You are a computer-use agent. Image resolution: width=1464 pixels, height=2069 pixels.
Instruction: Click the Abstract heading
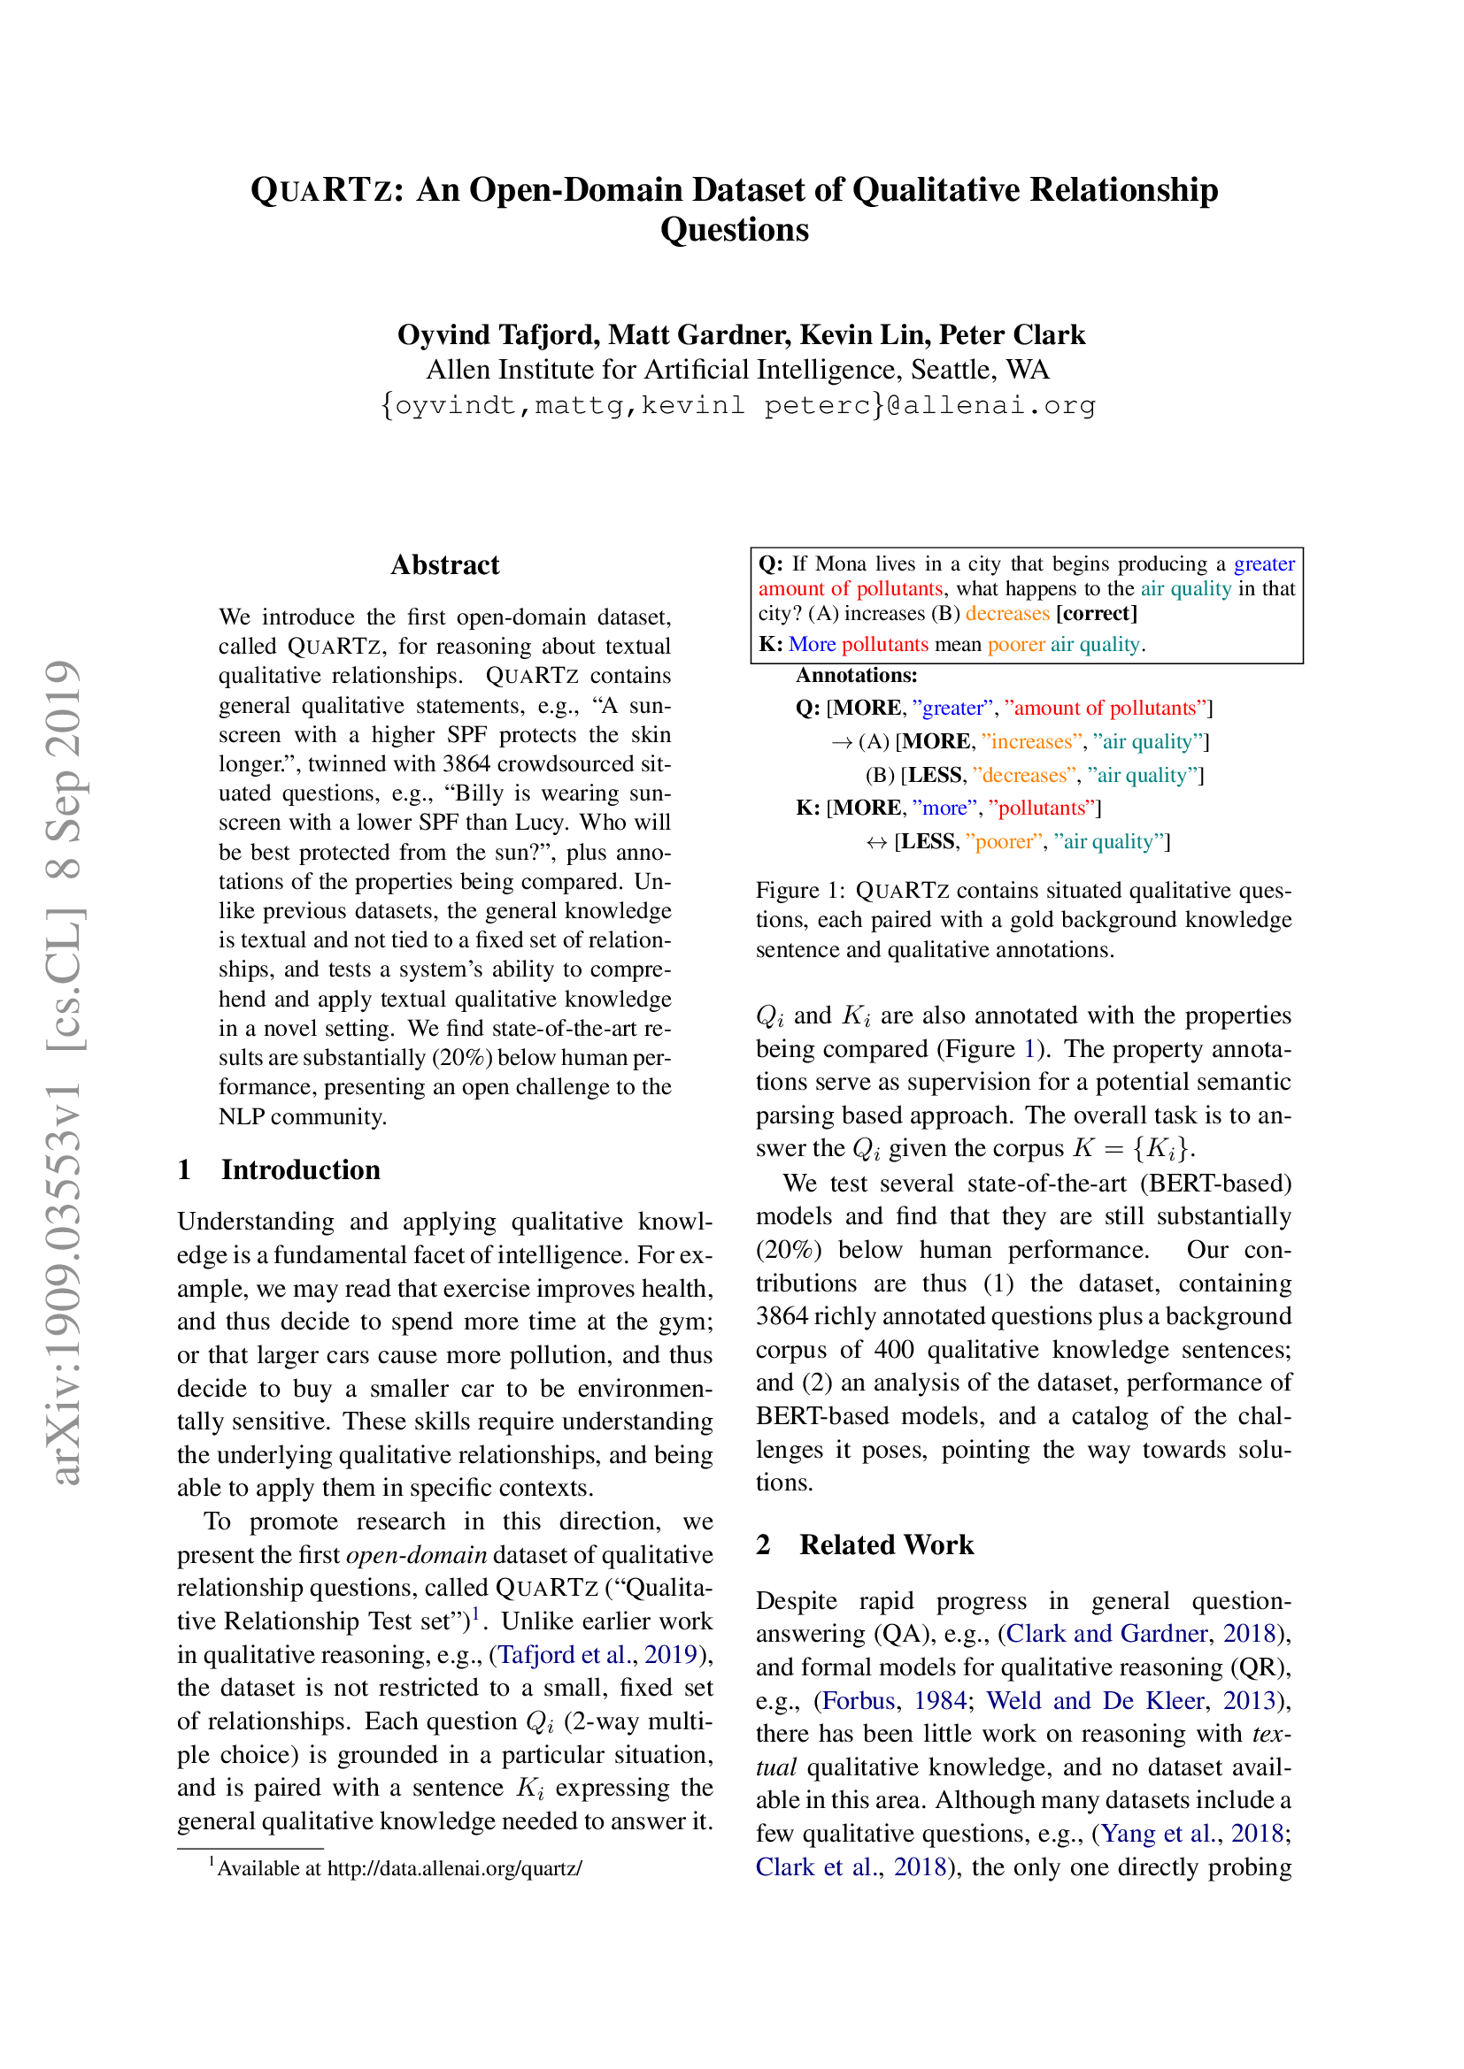click(444, 565)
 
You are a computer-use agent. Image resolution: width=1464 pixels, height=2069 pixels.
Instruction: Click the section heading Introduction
click(300, 1169)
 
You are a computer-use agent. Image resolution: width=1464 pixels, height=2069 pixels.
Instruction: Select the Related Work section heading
click(885, 1544)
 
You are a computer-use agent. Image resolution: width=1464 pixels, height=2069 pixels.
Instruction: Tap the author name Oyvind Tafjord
click(497, 334)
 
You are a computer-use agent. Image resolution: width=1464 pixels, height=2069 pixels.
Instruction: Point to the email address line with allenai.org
click(737, 405)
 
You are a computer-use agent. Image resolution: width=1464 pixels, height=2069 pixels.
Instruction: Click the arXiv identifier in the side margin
click(65, 1072)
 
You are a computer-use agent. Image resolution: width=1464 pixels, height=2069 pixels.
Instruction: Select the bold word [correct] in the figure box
click(1096, 614)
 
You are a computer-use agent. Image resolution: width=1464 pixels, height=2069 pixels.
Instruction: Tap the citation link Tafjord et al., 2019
click(597, 1654)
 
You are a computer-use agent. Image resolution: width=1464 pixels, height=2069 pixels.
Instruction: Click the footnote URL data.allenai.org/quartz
click(454, 1868)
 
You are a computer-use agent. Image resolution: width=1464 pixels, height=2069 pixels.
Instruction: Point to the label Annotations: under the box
click(856, 676)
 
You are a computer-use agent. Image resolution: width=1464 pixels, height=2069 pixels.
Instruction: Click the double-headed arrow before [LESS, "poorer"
click(876, 841)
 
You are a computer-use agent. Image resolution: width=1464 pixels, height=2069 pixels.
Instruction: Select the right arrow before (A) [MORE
click(841, 741)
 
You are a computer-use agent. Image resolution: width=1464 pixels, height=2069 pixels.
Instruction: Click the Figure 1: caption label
click(799, 891)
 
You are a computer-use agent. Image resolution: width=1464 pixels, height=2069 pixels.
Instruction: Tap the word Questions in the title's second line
click(734, 230)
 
